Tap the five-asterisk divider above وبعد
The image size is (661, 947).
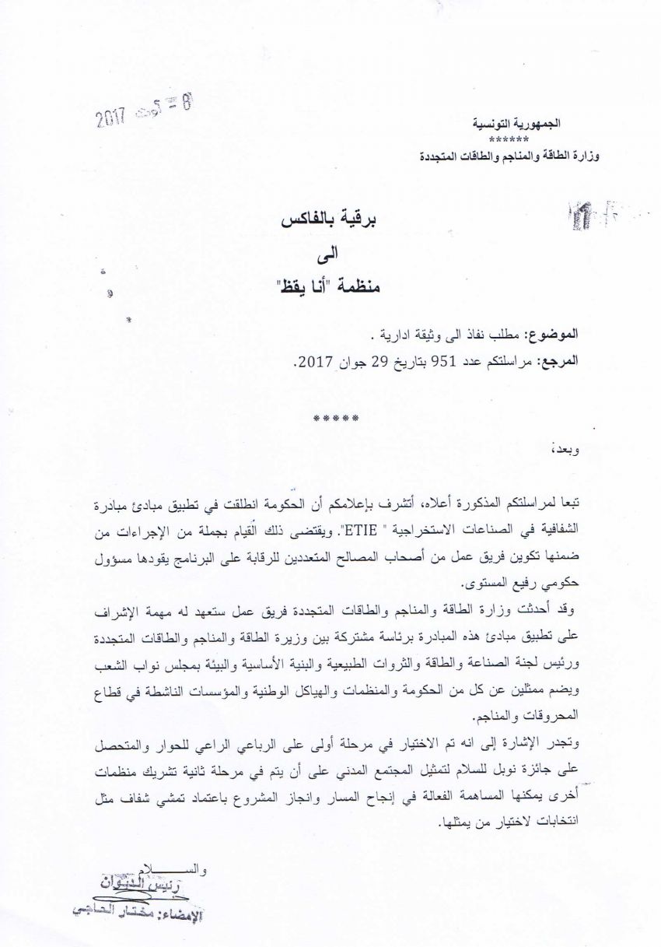335,419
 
